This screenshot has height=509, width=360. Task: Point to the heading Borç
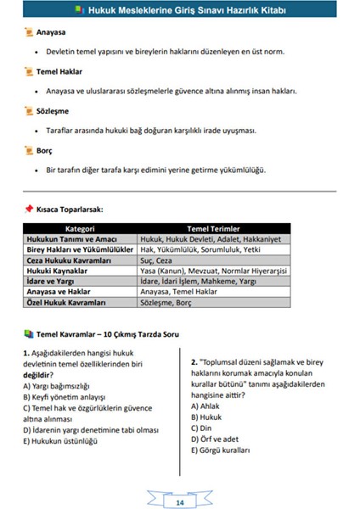(x=45, y=150)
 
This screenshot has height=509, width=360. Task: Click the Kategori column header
(x=81, y=228)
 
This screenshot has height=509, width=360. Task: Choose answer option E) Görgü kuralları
(x=222, y=450)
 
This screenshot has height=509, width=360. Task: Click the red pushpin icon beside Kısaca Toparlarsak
(x=28, y=207)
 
